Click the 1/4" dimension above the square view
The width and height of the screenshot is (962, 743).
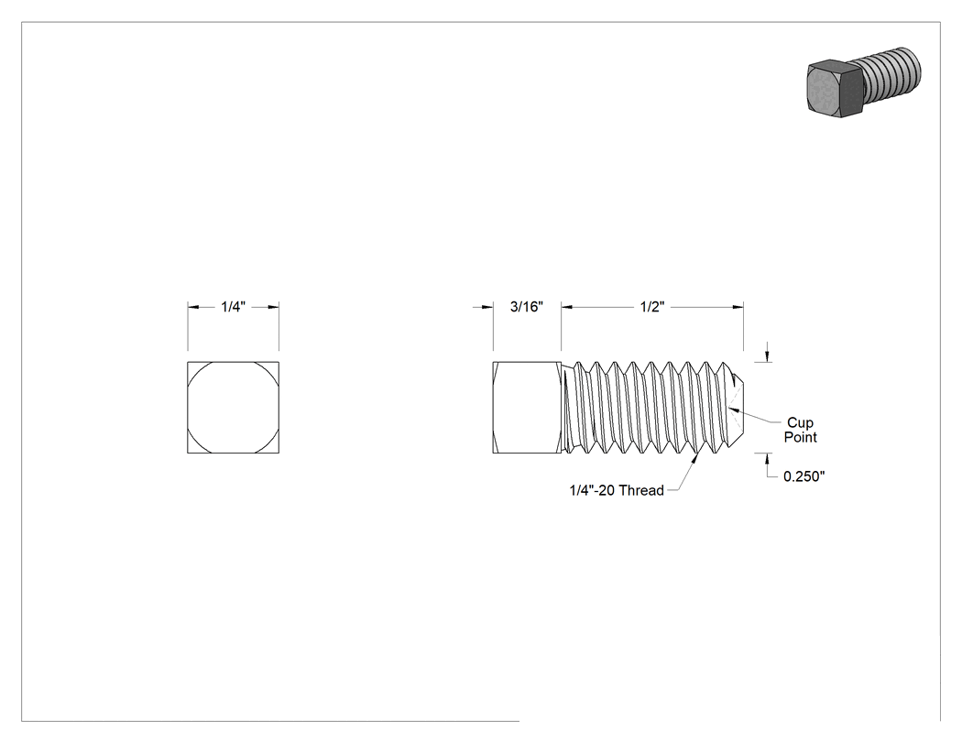click(x=233, y=307)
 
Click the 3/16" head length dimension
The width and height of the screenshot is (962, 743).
click(x=527, y=307)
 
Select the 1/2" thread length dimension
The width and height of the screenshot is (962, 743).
click(x=652, y=307)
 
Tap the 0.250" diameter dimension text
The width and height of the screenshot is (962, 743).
click(x=803, y=476)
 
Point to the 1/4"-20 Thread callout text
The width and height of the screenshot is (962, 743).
click(x=617, y=490)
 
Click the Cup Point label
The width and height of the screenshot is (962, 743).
click(x=801, y=430)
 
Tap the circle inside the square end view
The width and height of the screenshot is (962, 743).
click(x=233, y=362)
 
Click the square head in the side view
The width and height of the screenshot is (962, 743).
click(x=527, y=408)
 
